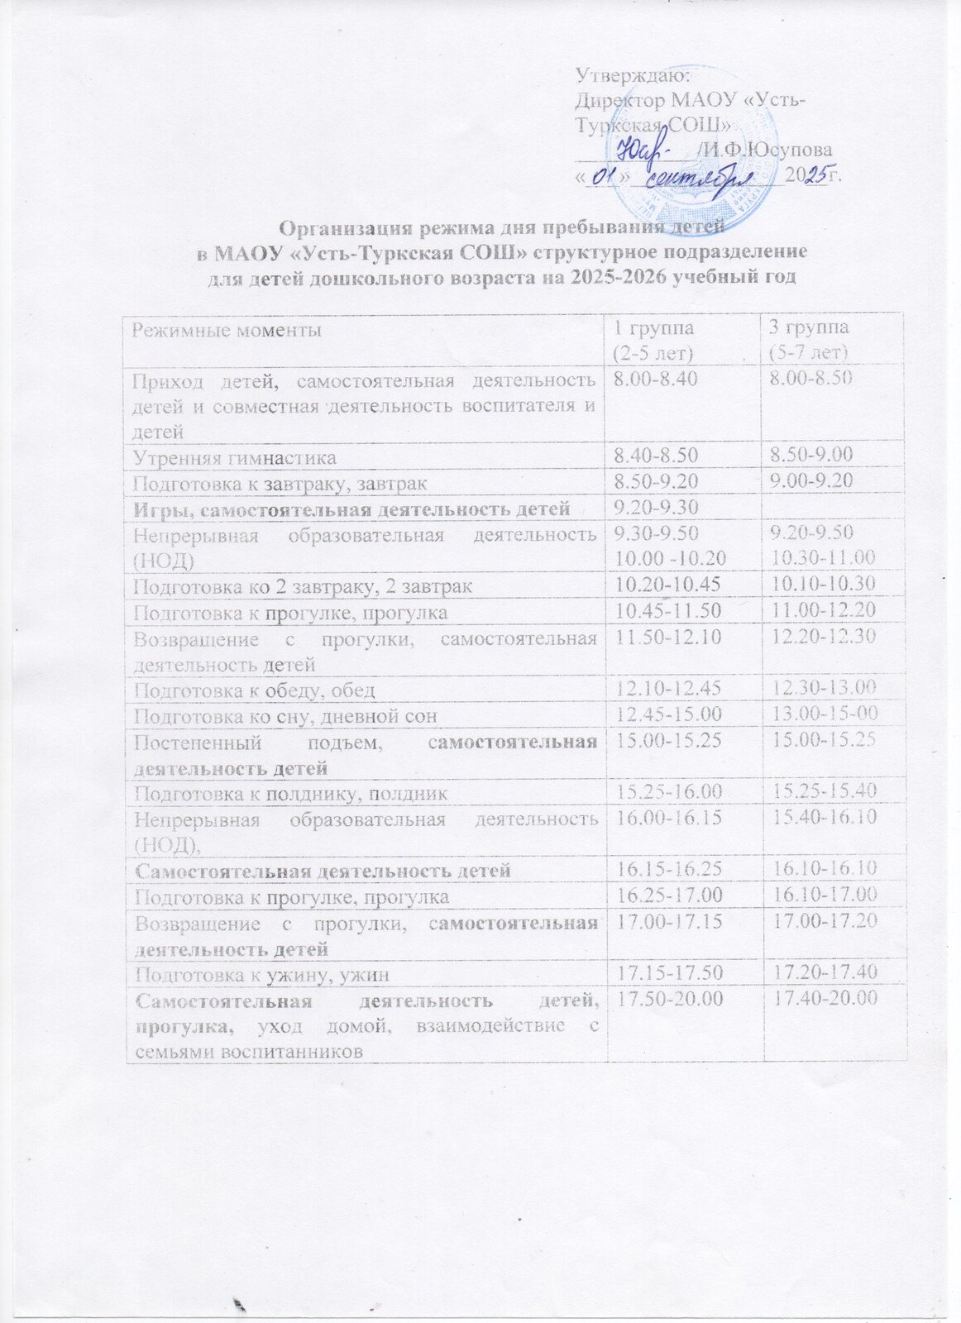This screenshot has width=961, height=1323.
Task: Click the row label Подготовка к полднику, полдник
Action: [x=291, y=794]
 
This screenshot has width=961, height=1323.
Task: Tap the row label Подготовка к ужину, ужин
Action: [x=261, y=975]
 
